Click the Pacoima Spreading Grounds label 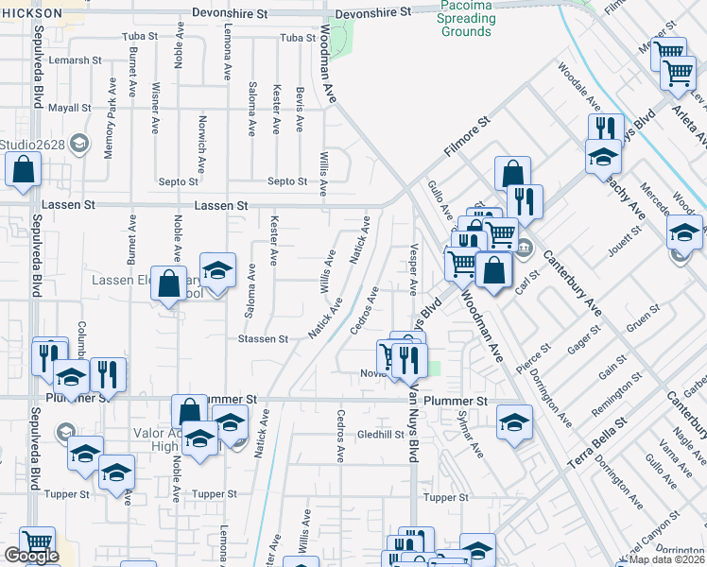point(466,19)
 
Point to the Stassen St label point(263,338)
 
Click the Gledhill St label point(380,434)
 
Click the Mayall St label point(68,108)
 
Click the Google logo point(30,556)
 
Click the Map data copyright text point(667,559)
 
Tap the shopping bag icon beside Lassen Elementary point(169,283)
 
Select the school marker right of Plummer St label point(514,422)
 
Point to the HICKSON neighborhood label point(31,13)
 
